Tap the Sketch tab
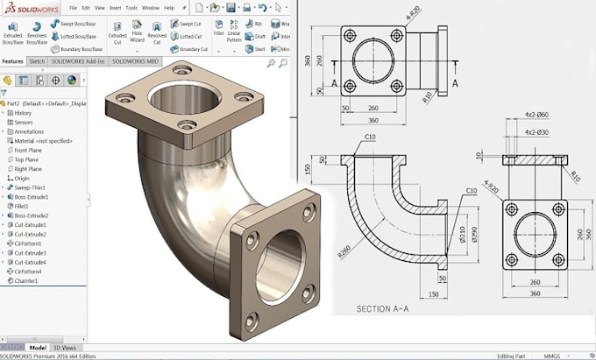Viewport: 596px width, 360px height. (37, 62)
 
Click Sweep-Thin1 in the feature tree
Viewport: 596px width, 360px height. (32, 187)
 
